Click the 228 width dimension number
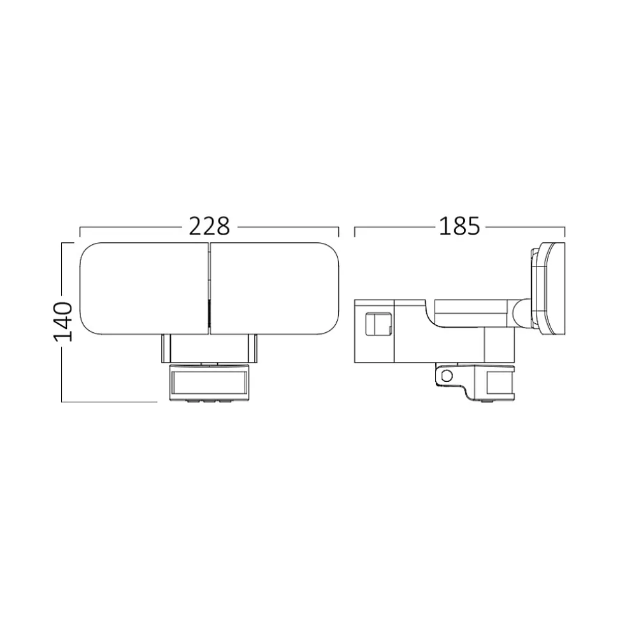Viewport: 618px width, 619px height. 209,226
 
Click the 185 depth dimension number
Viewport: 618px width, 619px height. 459,226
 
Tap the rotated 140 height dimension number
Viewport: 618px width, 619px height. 63,322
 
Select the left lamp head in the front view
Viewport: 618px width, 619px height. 144,289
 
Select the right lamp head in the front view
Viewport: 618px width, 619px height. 275,289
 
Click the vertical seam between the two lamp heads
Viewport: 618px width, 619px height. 209,289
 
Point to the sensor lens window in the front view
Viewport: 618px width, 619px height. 209,384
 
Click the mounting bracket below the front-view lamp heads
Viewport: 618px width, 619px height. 209,349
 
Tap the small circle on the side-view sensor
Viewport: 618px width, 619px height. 447,375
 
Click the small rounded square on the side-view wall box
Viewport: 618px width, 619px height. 379,324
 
